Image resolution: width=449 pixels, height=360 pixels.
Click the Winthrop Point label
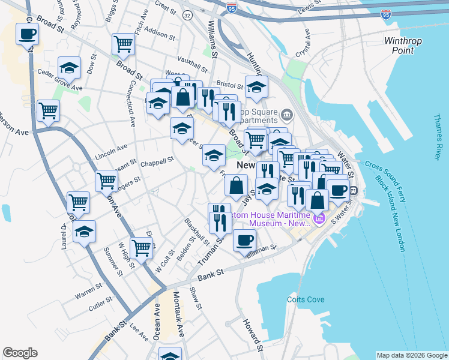403,46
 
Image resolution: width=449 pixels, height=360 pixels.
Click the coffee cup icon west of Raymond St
26,34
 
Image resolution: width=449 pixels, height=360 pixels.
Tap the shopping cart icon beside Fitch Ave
122,43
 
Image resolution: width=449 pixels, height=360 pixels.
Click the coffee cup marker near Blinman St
244,241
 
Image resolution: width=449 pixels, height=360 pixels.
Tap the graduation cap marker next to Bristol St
256,88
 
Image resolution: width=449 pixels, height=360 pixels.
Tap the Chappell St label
156,161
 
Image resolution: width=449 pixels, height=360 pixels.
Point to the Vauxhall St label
192,59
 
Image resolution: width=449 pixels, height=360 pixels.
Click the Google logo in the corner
20,353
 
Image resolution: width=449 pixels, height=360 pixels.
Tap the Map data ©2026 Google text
411,355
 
